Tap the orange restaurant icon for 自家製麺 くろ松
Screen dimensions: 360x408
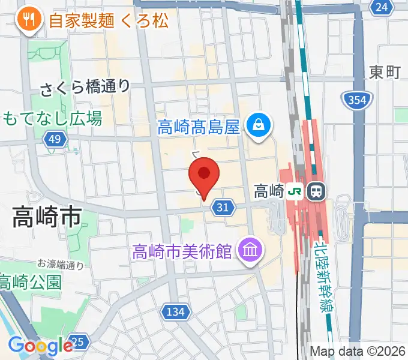(28, 20)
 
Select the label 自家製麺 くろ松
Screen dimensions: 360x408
(109, 21)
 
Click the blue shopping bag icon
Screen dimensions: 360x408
(259, 126)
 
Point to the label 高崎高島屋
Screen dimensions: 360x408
(199, 127)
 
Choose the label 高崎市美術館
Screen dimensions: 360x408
(182, 250)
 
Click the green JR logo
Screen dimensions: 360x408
(295, 191)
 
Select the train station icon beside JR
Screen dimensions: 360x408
(316, 191)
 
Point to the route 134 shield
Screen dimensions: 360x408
(176, 311)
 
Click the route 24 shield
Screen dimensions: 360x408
(381, 7)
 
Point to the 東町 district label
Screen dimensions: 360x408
(385, 73)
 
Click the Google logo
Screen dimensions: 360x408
(40, 345)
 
